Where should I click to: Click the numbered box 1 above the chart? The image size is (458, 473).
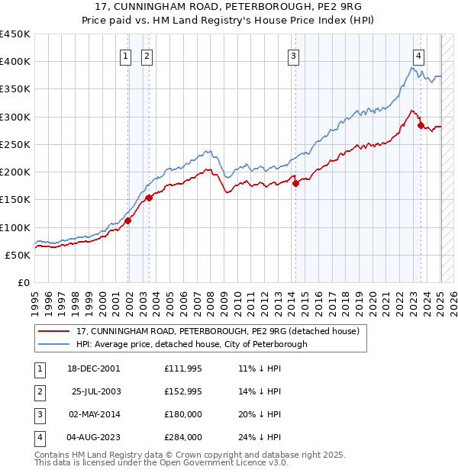tap(124, 55)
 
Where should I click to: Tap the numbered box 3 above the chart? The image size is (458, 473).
tap(294, 55)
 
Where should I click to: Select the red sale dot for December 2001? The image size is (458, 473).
tap(128, 221)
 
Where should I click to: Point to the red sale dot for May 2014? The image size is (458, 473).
tap(295, 183)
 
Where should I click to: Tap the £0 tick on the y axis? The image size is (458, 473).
tap(24, 282)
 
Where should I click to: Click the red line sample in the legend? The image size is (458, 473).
tap(54, 331)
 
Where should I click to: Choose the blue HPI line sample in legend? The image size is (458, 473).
tap(54, 344)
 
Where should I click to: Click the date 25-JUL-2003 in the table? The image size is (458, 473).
tap(96, 392)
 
